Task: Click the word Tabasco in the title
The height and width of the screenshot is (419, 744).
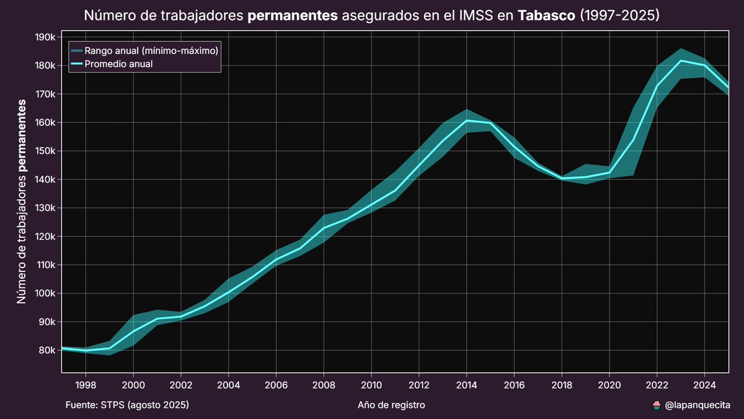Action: pos(546,15)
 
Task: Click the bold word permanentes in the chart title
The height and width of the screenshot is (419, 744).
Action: pos(293,15)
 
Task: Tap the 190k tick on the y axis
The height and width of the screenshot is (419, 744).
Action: pos(45,37)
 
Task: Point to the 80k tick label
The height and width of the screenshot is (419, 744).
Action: pos(46,351)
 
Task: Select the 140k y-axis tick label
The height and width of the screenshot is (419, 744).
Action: pos(45,179)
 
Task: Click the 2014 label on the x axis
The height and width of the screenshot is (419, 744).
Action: pos(466,384)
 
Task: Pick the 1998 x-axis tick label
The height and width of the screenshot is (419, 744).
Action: pos(86,384)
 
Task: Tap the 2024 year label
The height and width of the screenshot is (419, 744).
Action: pos(704,384)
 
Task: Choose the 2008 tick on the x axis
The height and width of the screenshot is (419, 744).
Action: pos(324,384)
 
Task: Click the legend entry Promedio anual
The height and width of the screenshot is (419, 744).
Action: pos(119,63)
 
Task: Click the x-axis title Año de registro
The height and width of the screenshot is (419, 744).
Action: pos(391,405)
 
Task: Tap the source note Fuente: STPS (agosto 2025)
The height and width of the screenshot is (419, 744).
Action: pos(126,405)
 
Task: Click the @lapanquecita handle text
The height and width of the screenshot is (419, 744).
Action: pos(697,405)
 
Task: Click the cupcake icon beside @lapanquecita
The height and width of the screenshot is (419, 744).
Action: pos(657,405)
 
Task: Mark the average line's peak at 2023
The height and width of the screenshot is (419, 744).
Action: pos(681,61)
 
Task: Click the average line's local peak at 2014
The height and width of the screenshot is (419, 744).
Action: pos(466,120)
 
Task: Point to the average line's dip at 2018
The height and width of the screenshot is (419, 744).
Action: pos(562,178)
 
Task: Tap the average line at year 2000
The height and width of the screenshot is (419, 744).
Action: pos(133,331)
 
